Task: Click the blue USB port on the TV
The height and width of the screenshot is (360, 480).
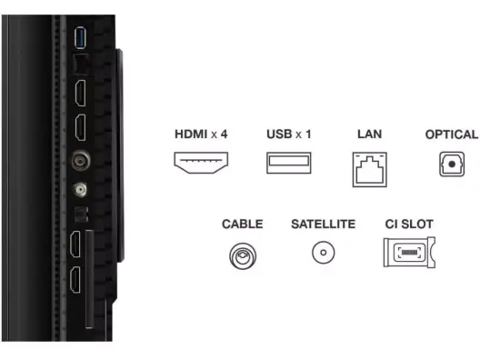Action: tap(80, 37)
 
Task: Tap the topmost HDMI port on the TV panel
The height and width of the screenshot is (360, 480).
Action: tap(81, 93)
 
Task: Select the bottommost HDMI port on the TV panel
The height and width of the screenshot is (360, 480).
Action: tap(75, 279)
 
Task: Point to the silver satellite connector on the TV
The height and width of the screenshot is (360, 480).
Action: tap(80, 190)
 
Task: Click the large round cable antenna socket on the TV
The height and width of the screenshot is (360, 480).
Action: tap(81, 161)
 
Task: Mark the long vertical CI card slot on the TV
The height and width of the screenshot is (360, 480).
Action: tap(89, 279)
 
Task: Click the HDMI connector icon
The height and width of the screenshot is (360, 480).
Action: tap(201, 163)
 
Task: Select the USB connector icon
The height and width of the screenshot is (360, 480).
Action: tap(289, 163)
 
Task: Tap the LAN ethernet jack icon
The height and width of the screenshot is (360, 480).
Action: tap(369, 169)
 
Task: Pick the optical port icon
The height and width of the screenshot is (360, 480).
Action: tap(452, 164)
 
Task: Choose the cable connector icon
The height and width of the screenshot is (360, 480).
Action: tap(243, 256)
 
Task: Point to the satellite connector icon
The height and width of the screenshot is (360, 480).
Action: tap(324, 253)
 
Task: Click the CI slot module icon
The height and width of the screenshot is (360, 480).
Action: tap(409, 252)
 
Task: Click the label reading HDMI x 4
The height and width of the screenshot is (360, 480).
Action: tap(201, 134)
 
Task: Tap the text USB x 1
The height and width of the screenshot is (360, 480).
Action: tap(289, 134)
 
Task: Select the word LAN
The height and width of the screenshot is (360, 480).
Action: tap(369, 134)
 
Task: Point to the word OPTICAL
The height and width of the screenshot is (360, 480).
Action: tap(452, 135)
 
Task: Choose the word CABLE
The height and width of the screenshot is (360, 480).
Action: tap(242, 224)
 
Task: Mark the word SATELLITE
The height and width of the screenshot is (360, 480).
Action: tap(324, 224)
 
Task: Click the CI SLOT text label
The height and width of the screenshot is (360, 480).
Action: tap(409, 224)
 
